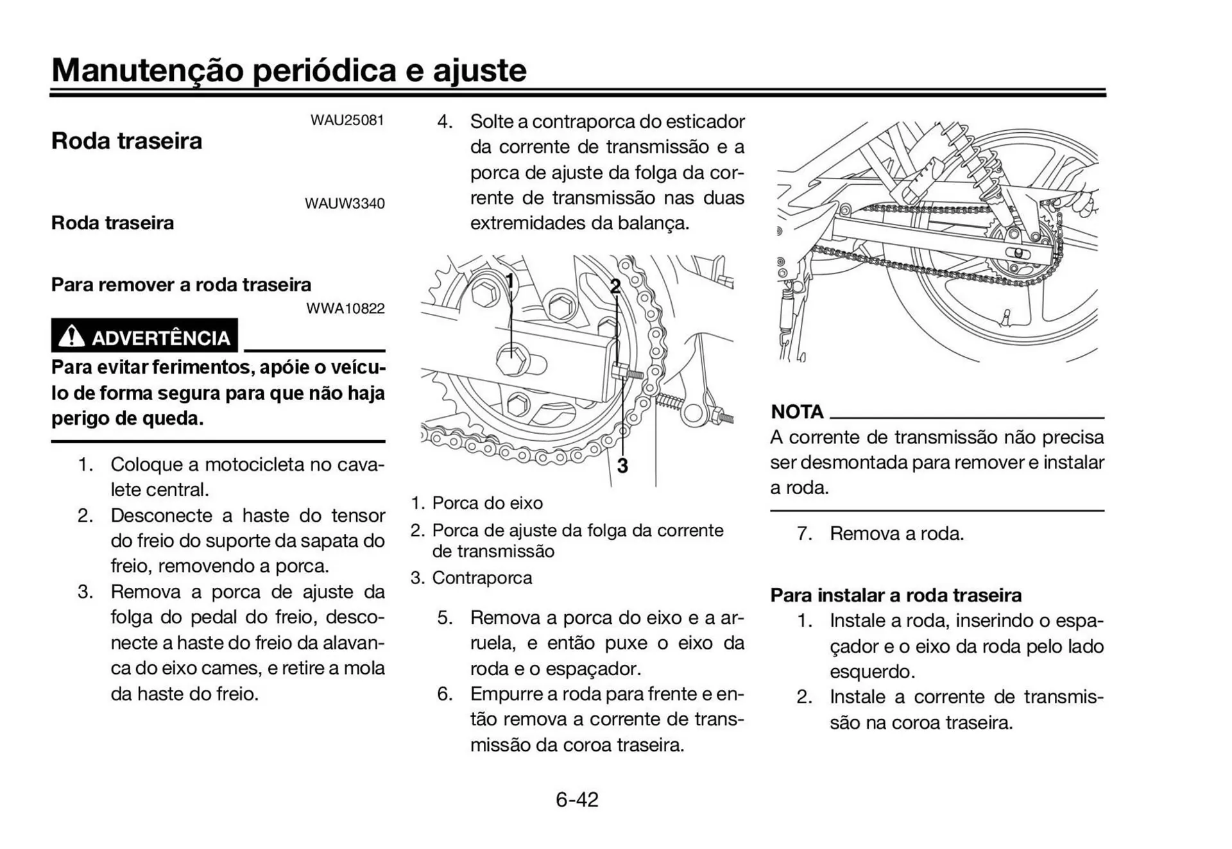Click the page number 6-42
577,800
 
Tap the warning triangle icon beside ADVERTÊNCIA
71,336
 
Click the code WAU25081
347,120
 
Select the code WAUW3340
345,203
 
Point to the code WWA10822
345,309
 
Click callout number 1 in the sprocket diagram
509,281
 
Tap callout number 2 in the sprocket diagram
615,286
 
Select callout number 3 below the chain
622,466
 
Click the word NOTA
797,411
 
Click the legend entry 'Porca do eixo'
487,503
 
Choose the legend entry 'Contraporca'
482,578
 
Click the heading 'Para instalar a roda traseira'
896,595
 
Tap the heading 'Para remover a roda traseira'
181,284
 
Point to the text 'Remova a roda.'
896,533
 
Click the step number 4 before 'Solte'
444,121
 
